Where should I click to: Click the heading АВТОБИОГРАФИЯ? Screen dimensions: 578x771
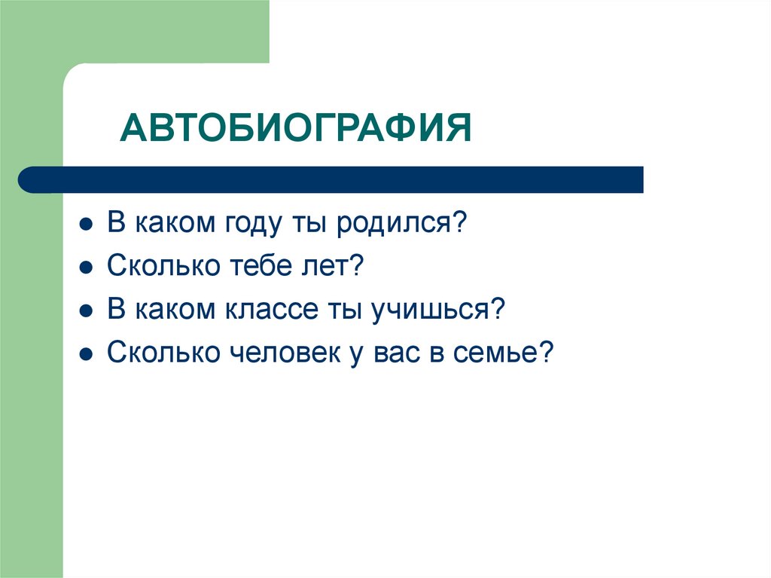[x=296, y=129]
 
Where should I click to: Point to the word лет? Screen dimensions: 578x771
[x=328, y=267]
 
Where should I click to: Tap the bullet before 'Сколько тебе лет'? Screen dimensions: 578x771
[x=87, y=268]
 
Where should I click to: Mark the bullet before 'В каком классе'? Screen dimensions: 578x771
[x=87, y=310]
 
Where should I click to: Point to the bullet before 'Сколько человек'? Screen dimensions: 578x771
[x=87, y=353]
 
